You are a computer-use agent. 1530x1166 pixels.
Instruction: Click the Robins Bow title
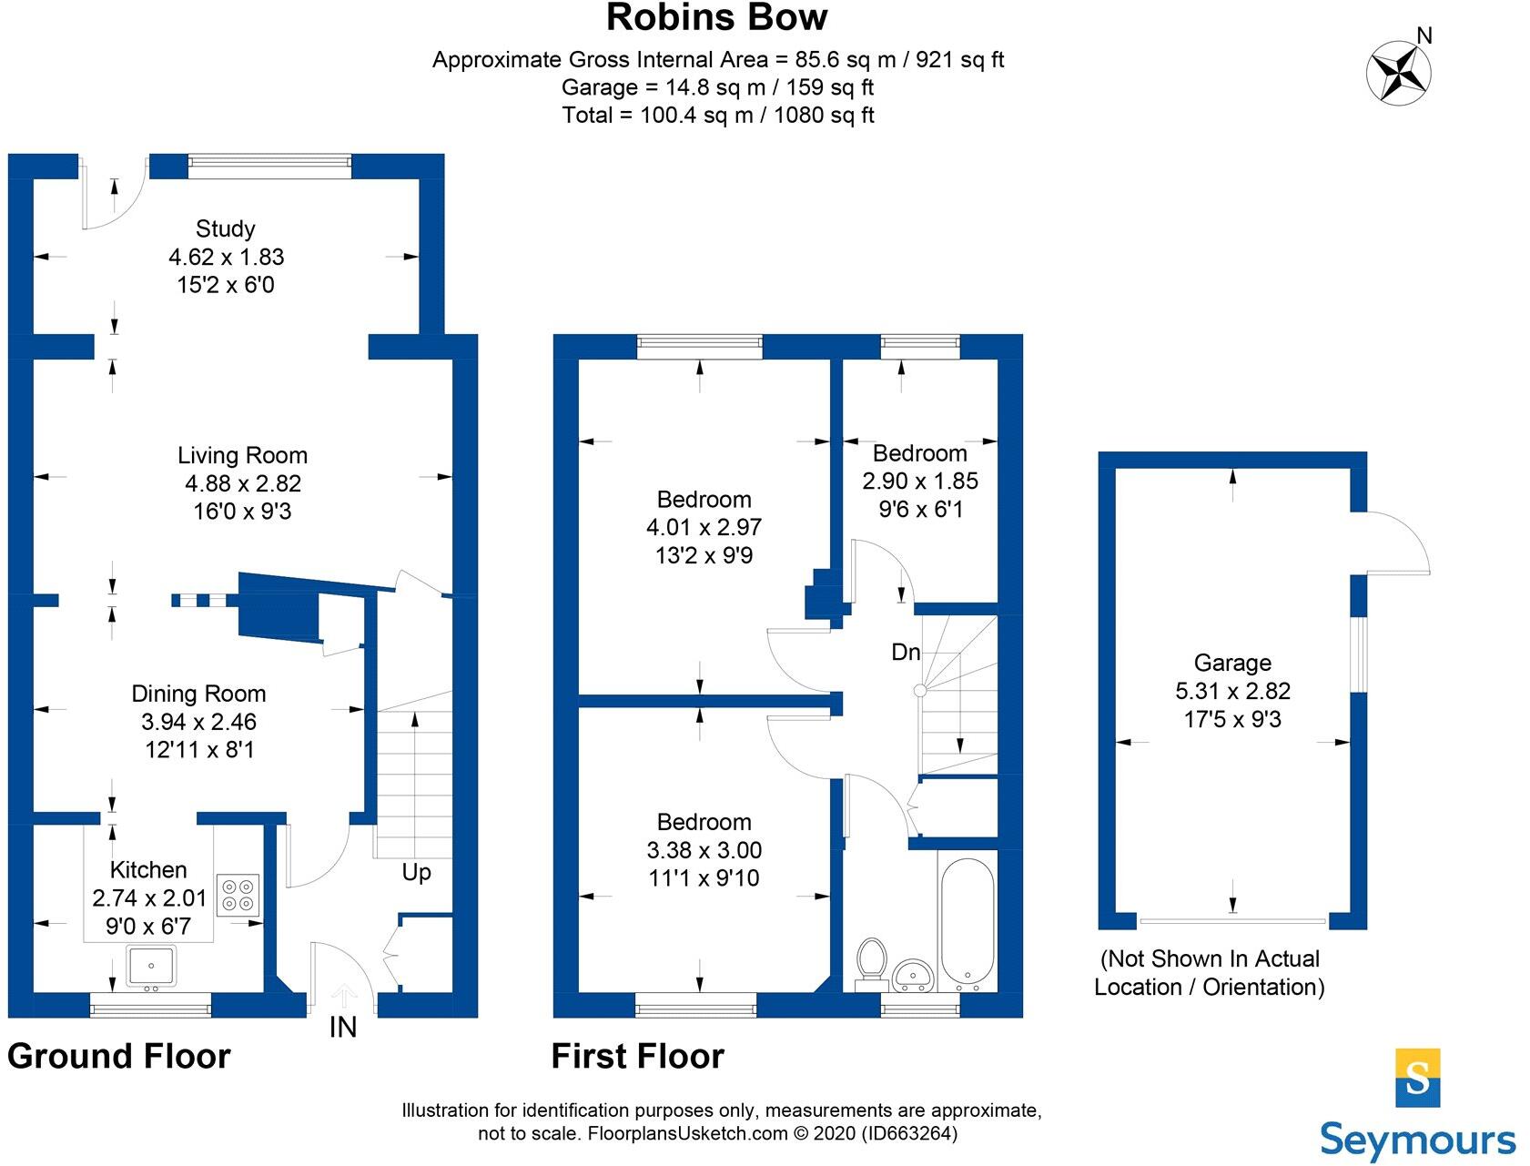(716, 18)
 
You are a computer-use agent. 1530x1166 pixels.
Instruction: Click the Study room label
(225, 228)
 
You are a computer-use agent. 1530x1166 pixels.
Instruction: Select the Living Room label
(242, 455)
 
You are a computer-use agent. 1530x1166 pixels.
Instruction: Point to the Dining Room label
(198, 694)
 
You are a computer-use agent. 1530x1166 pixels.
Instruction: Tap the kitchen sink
(151, 967)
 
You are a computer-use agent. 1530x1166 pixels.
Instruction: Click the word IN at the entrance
(342, 1028)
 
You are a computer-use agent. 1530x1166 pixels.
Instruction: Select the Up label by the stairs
(416, 872)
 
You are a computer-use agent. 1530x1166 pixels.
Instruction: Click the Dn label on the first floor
(906, 652)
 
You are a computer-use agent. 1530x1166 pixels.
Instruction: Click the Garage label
(1232, 663)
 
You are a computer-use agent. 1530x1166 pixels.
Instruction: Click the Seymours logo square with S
(1417, 1078)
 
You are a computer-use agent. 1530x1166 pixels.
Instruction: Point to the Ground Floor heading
(119, 1056)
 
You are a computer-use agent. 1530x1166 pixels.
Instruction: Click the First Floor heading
(637, 1056)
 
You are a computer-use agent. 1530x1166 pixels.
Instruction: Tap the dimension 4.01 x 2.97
(704, 527)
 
